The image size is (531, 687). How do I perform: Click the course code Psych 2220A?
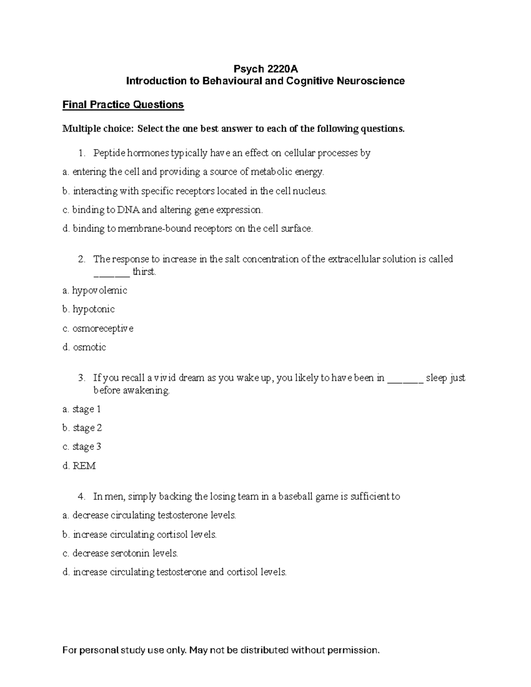pyautogui.click(x=265, y=69)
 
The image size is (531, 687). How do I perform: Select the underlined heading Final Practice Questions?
pyautogui.click(x=123, y=105)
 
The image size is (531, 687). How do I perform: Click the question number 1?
pyautogui.click(x=81, y=153)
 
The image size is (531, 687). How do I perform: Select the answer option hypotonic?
pyautogui.click(x=93, y=309)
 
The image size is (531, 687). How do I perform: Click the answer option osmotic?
pyautogui.click(x=89, y=347)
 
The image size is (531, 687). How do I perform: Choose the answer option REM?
pyautogui.click(x=84, y=466)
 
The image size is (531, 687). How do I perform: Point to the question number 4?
pyautogui.click(x=81, y=496)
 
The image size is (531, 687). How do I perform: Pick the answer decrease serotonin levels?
pyautogui.click(x=125, y=553)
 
